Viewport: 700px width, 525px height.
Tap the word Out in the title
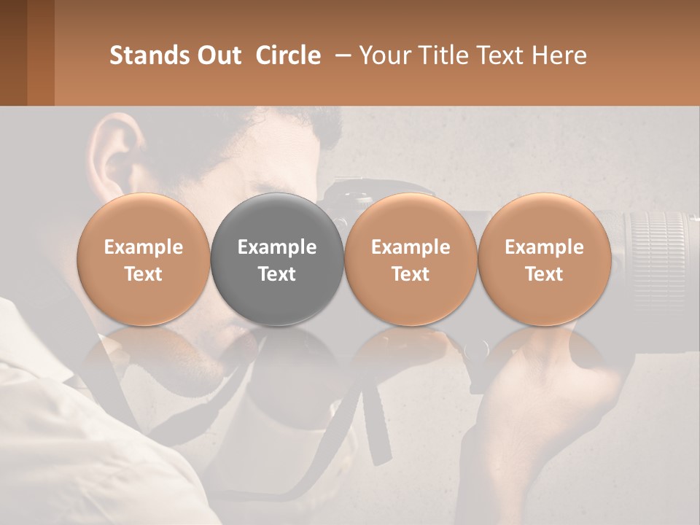(218, 55)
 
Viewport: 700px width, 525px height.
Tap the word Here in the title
(561, 55)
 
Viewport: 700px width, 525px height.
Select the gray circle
(277, 260)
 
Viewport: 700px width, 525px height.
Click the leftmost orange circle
(144, 260)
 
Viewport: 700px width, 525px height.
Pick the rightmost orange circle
(544, 260)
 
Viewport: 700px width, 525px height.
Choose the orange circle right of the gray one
(411, 260)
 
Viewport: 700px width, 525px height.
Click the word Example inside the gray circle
(277, 247)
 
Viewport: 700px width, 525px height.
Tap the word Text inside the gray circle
(277, 274)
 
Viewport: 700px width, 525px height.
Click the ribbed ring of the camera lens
(660, 248)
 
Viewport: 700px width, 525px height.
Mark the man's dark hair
(292, 131)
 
